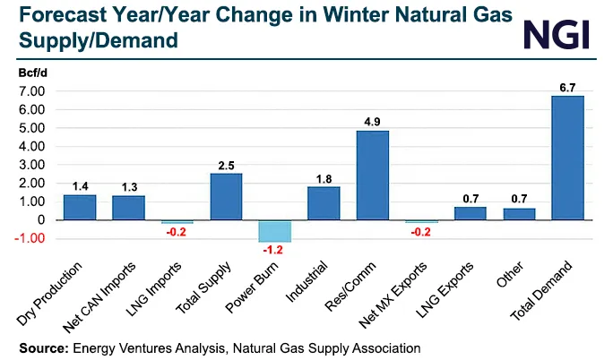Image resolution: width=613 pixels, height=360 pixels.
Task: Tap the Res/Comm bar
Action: (373, 176)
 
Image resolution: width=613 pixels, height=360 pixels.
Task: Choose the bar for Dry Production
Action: (80, 207)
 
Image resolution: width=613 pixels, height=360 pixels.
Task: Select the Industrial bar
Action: (324, 203)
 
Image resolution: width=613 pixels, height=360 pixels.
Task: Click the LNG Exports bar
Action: (471, 213)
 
